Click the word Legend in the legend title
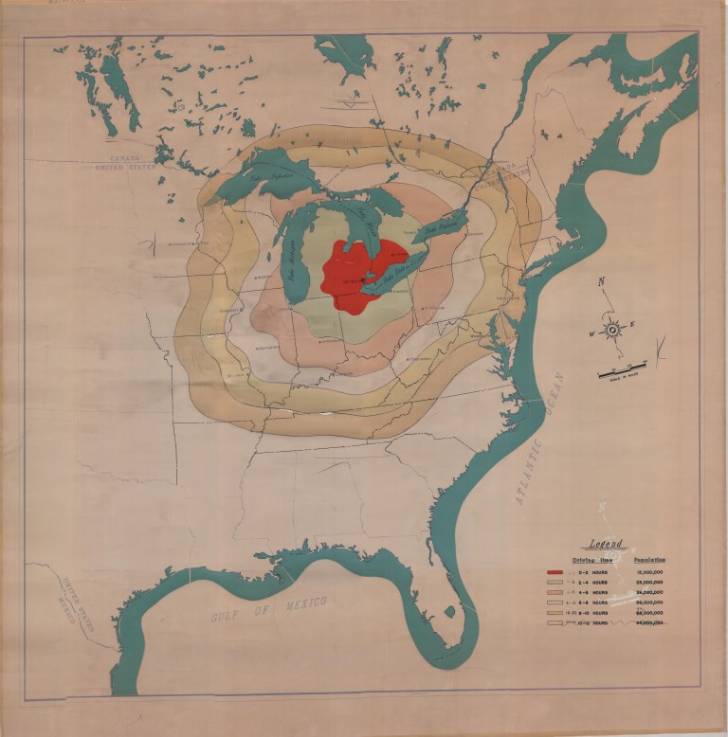(606, 544)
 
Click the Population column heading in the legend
(648, 560)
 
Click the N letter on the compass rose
(601, 282)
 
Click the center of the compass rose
(612, 329)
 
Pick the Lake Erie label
(391, 274)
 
